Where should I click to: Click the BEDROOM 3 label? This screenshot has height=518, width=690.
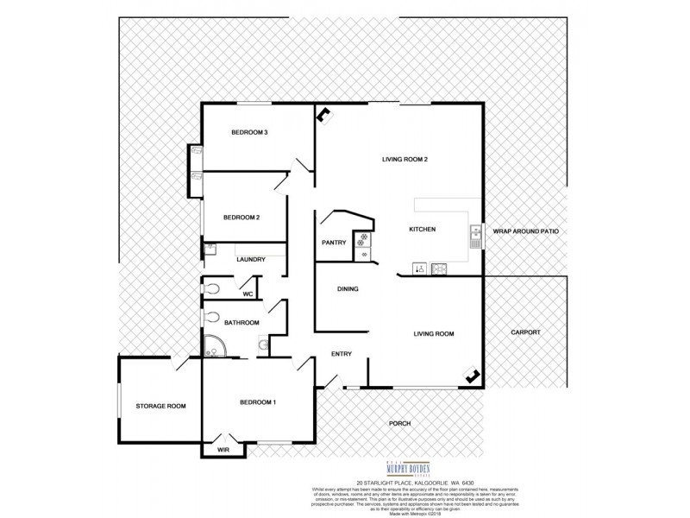click(250, 133)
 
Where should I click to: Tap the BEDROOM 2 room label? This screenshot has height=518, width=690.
click(241, 218)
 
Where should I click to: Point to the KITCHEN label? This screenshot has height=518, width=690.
click(423, 230)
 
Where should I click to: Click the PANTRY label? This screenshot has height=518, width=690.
click(334, 243)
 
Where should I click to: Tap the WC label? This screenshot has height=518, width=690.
click(247, 294)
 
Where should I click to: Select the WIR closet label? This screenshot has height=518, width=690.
click(223, 450)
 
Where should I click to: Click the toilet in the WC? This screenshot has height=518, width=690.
click(214, 290)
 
